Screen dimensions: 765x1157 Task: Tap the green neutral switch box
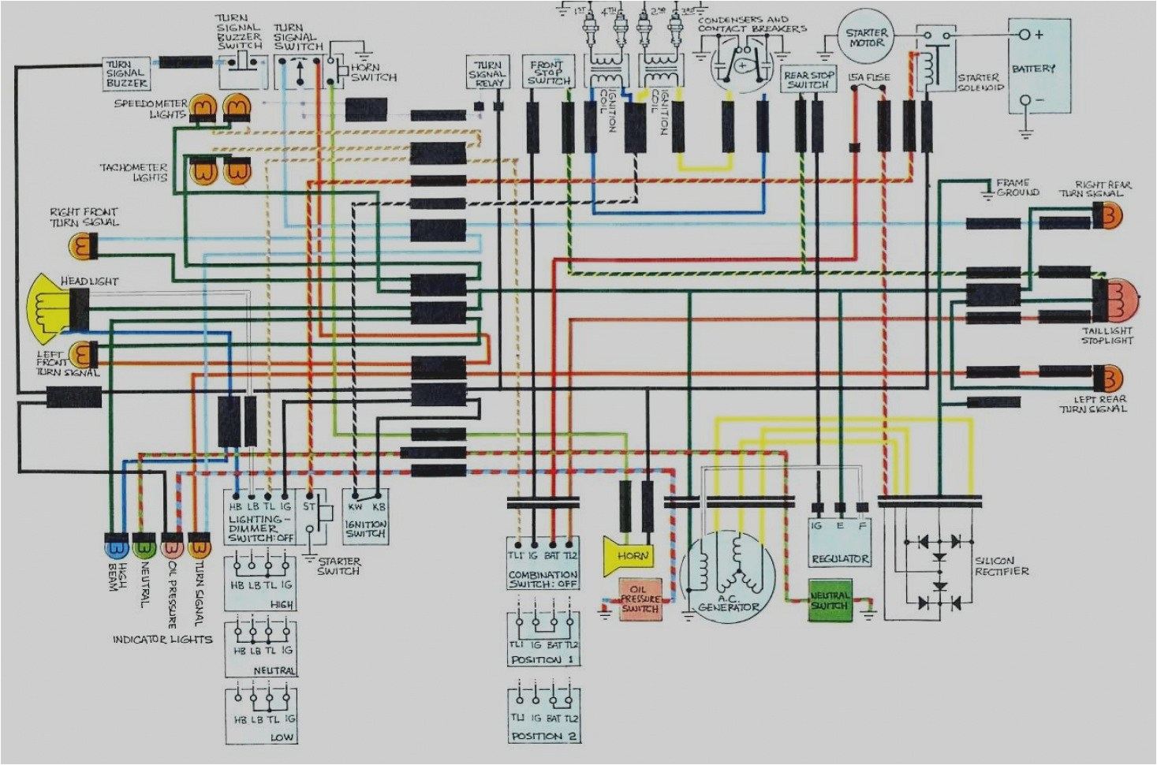pos(829,601)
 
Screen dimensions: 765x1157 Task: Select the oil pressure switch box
pos(640,599)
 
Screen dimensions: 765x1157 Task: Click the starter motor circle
pos(866,38)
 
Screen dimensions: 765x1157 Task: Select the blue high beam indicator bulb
pos(116,546)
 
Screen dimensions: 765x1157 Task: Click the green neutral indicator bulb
pos(144,546)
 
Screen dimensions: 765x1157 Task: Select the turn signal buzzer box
pos(126,73)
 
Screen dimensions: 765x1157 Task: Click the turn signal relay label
pos(488,73)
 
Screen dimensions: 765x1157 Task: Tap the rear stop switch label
pos(808,80)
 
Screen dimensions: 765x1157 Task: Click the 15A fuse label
pos(868,77)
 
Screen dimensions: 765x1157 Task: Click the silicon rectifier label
pos(1001,565)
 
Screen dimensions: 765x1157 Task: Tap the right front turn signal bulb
pos(82,248)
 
